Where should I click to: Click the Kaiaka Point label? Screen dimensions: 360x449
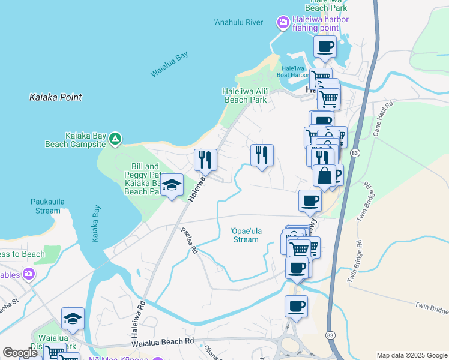[x=56, y=97]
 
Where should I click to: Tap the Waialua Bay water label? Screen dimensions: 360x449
[x=169, y=64]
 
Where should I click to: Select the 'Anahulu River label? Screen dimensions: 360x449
[x=239, y=23]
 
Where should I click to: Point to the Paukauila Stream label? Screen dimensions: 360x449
[x=46, y=206]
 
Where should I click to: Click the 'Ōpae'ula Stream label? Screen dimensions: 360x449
[x=246, y=235]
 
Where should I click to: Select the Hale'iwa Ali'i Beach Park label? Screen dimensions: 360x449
[x=244, y=95]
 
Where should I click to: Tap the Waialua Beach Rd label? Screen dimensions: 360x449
[x=164, y=341]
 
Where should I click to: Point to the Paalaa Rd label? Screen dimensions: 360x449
[x=190, y=240]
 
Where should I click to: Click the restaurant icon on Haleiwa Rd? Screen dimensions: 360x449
[x=205, y=160]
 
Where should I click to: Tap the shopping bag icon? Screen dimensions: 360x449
[x=324, y=176]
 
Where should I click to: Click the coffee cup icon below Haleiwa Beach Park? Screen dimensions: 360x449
[x=325, y=46]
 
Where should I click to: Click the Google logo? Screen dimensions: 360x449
[x=20, y=353]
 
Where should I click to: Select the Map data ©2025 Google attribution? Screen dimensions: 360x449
[x=411, y=355]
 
